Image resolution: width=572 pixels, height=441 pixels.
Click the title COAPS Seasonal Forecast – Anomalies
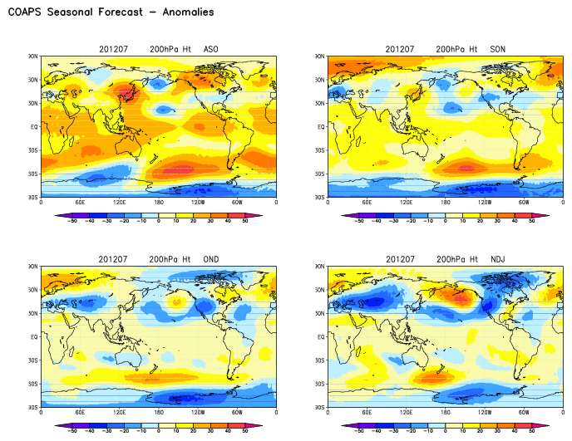click(111, 12)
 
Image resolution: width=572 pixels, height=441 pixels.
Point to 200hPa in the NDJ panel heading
click(452, 259)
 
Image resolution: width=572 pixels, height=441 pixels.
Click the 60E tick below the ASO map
click(81, 202)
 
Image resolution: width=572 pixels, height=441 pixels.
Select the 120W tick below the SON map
click(485, 202)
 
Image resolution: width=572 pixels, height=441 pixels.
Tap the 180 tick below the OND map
click(159, 413)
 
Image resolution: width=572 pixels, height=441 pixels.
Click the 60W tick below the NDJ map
click(524, 413)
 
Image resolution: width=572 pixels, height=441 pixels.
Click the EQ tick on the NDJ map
click(322, 337)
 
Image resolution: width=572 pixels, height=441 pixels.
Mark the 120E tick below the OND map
click(120, 413)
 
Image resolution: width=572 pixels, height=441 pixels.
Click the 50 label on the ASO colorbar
click(246, 222)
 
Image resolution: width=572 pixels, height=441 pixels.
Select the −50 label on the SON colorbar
click(358, 222)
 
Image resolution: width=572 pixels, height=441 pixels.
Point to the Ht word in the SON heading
click(476, 48)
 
